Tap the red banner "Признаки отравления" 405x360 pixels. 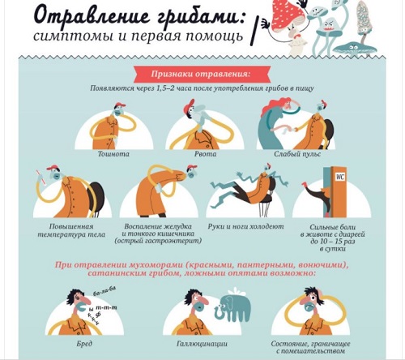click(x=202, y=74)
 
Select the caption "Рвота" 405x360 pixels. click(x=205, y=154)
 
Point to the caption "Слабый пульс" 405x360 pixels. click(x=297, y=154)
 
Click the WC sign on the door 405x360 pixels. click(x=340, y=178)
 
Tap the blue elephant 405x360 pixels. click(x=233, y=307)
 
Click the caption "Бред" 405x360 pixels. click(x=84, y=344)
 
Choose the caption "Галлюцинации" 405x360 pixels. click(x=202, y=344)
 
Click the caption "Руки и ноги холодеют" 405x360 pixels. click(x=245, y=226)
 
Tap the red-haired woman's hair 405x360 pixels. click(x=274, y=106)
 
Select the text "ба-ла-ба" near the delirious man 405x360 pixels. click(x=104, y=291)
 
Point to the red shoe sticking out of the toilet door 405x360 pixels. click(x=305, y=185)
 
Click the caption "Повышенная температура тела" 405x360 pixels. click(x=71, y=230)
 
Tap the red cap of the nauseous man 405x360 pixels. click(x=121, y=105)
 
